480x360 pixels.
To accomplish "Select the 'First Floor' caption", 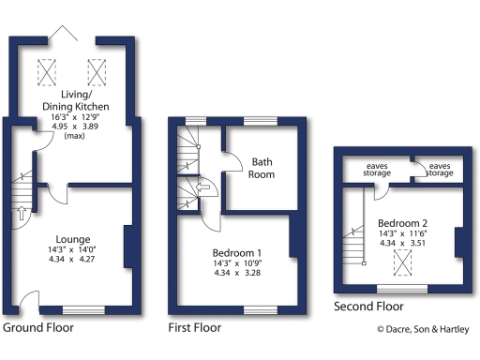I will pyautogui.click(x=194, y=328).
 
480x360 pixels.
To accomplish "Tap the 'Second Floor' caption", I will pyautogui.click(x=368, y=307).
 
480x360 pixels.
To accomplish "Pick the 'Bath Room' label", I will pyautogui.click(x=262, y=168).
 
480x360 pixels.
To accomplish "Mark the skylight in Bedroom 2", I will pyautogui.click(x=402, y=264).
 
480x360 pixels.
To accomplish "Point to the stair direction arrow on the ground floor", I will pyautogui.click(x=21, y=213).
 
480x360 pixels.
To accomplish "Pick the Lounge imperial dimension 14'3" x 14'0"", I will pyautogui.click(x=72, y=249).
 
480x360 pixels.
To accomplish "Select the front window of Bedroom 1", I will pyautogui.click(x=256, y=308).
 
